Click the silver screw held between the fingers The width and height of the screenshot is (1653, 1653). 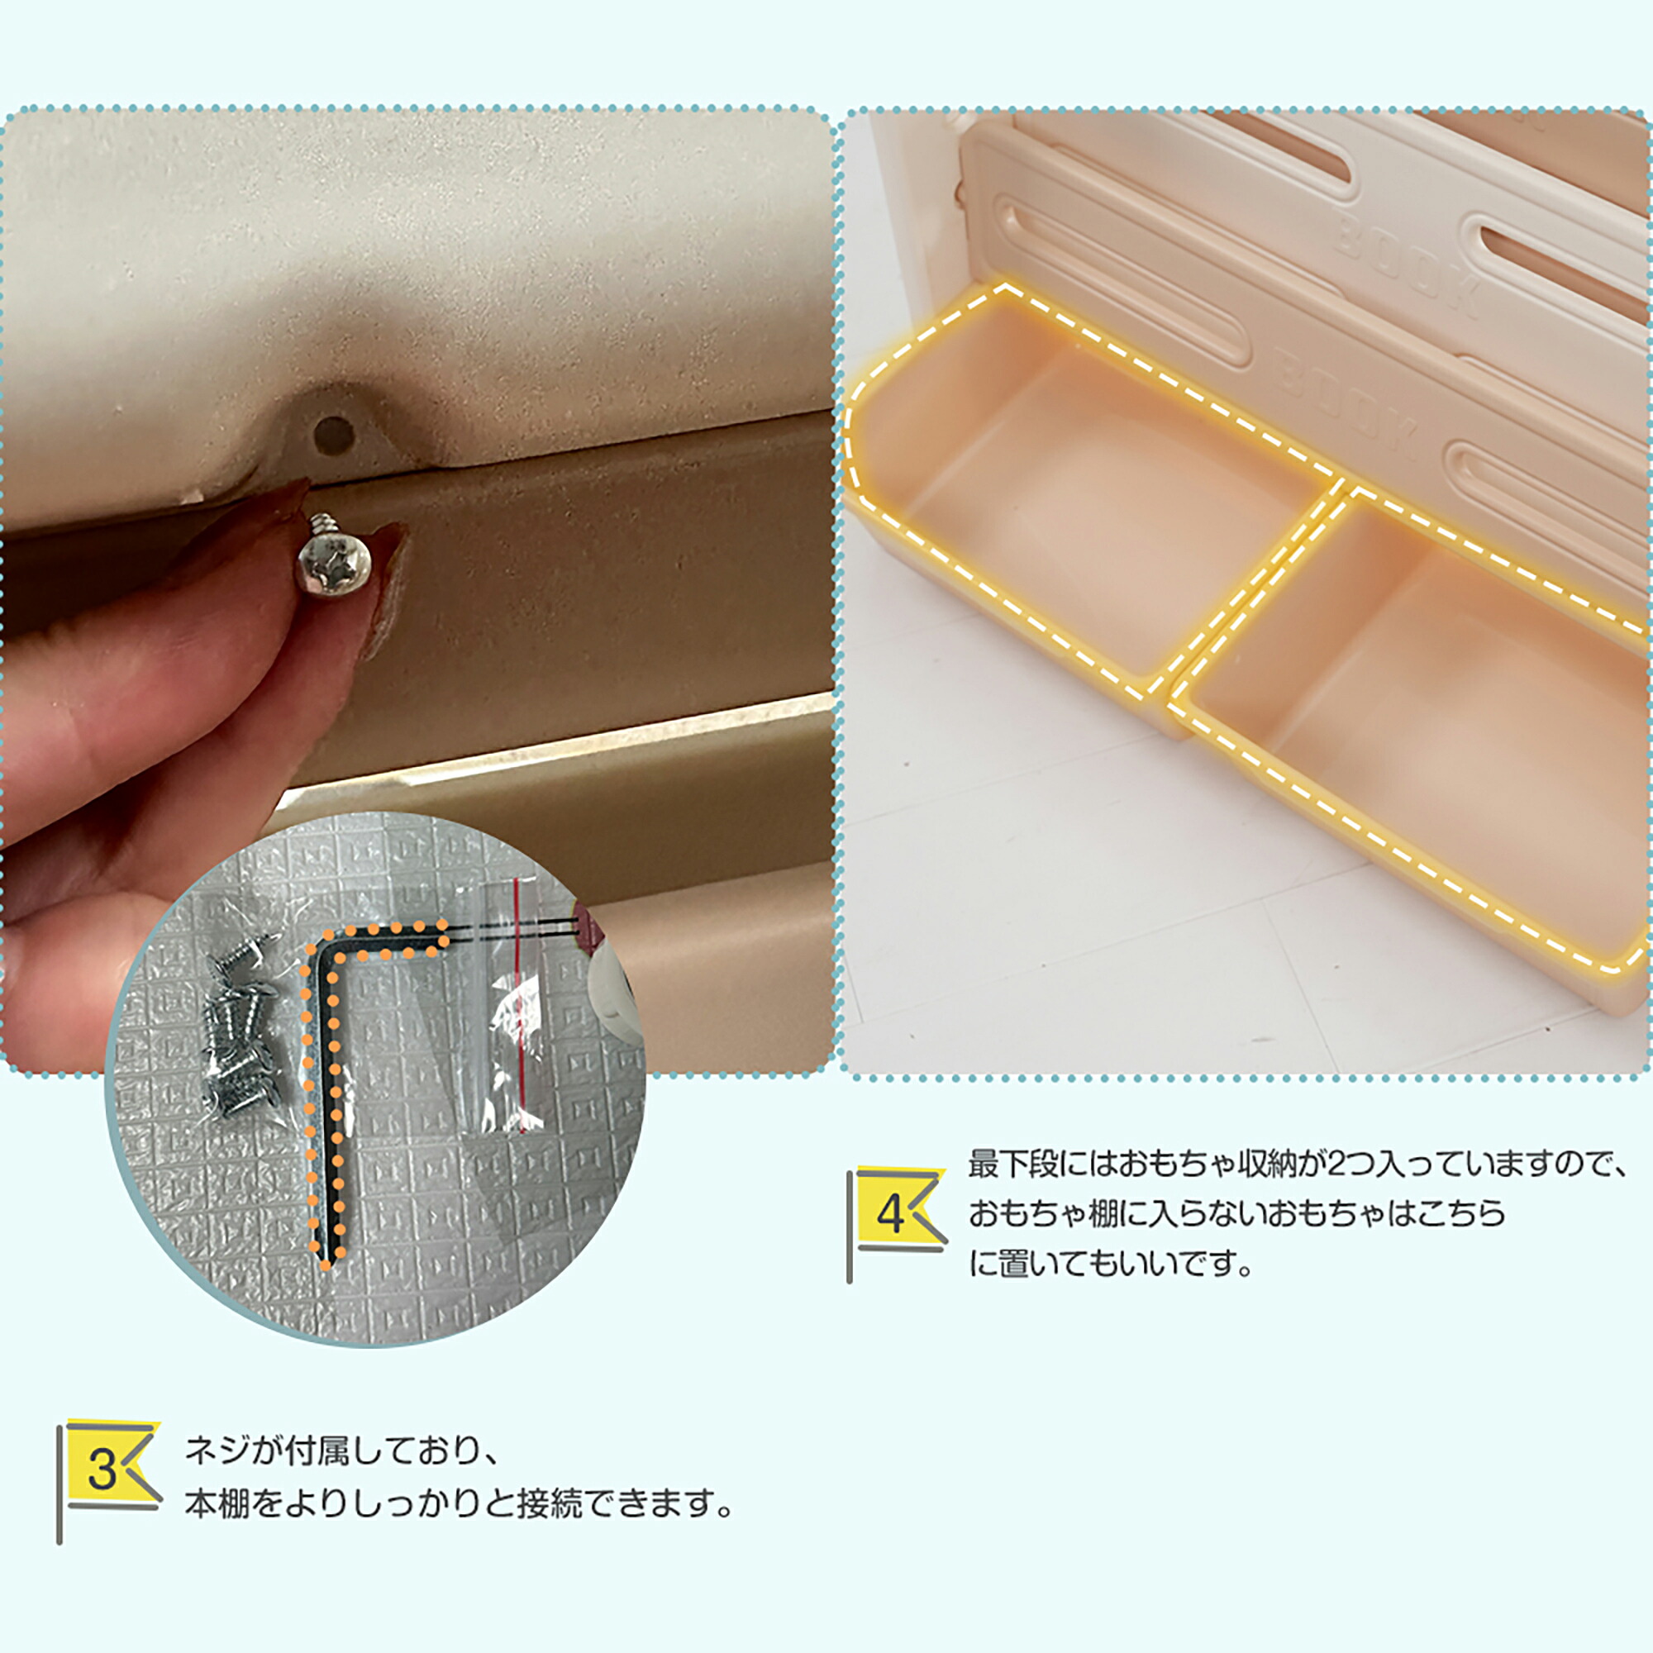(336, 557)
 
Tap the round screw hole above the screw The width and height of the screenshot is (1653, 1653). (333, 436)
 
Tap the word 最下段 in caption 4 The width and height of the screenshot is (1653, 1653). (1015, 1165)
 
